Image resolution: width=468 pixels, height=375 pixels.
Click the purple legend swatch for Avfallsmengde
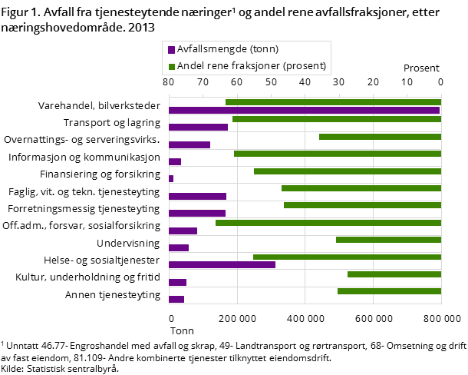coord(172,50)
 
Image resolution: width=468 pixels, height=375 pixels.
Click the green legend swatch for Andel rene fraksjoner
coord(172,67)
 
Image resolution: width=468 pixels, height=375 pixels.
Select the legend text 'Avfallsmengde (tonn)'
coord(227,49)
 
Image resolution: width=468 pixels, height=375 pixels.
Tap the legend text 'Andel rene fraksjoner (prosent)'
coord(252,66)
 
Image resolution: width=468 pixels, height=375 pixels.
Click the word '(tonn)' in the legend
coord(263,49)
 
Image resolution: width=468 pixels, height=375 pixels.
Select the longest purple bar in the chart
coord(304,111)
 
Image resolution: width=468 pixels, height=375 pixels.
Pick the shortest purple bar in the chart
coord(171,179)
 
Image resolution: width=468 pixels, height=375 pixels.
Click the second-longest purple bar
coord(222,265)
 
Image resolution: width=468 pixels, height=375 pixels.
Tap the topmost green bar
coord(333,102)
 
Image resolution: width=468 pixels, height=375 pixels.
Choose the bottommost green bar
coord(389,291)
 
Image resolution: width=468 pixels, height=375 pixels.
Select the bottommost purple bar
coord(176,300)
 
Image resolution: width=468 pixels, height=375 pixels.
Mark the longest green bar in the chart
coord(328,223)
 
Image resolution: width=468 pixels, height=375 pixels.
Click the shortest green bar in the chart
coord(394,274)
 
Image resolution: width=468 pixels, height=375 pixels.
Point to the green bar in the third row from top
coord(380,137)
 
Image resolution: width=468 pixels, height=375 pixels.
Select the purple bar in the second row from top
coord(198,128)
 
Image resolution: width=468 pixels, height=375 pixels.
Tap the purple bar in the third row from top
coord(190,144)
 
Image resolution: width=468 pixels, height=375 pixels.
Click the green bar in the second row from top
coord(337,119)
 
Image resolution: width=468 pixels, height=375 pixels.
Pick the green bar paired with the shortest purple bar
coord(348,171)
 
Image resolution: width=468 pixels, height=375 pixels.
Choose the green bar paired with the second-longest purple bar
coord(347,257)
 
